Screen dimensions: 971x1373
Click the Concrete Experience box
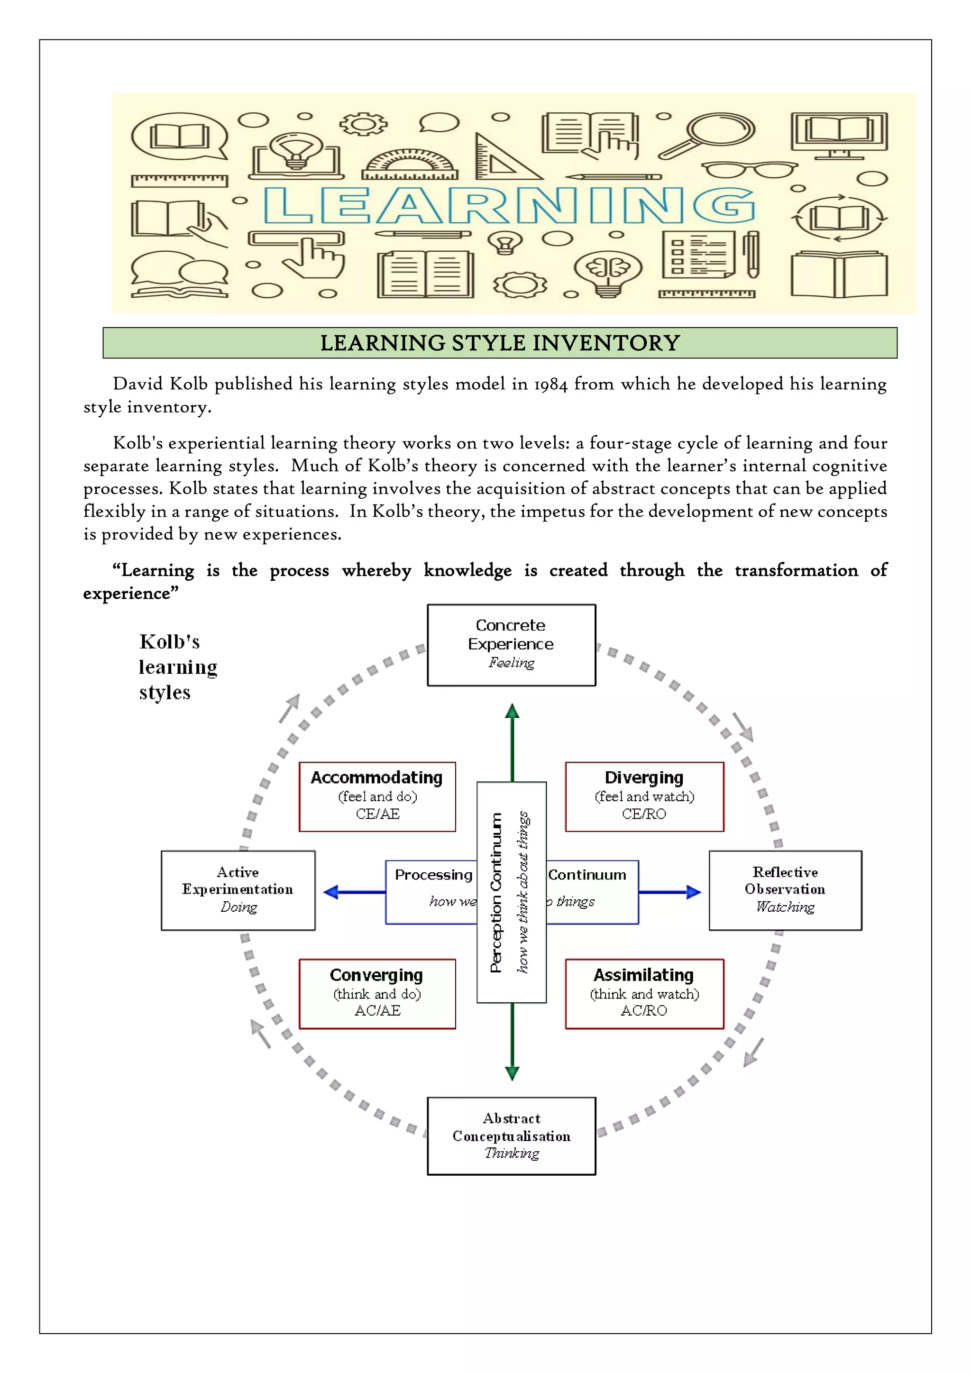click(x=511, y=645)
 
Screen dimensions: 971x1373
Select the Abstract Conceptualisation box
click(x=511, y=1135)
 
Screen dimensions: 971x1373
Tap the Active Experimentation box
click(x=238, y=890)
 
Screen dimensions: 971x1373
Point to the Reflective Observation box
click(x=785, y=890)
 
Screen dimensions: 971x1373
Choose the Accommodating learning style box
click(x=377, y=796)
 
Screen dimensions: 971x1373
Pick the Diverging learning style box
click(x=644, y=796)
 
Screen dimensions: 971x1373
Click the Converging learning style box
click(x=377, y=993)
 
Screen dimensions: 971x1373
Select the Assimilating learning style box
click(x=644, y=993)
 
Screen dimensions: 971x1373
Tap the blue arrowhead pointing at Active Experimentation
click(x=330, y=892)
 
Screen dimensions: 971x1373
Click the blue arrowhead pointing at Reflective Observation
click(x=694, y=892)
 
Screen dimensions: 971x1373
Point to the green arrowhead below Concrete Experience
click(x=512, y=712)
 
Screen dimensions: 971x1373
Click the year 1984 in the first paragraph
click(x=550, y=384)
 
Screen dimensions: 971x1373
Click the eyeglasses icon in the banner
click(x=749, y=170)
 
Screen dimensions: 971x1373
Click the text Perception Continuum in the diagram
click(x=495, y=892)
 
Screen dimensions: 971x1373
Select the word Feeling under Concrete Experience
click(x=511, y=663)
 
